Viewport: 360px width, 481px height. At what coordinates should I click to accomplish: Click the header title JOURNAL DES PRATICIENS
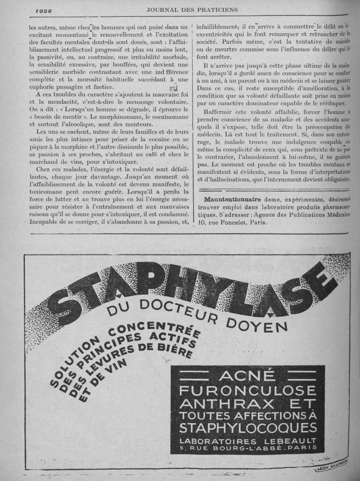(x=192, y=9)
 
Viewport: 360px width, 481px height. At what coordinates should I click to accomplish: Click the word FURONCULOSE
(x=247, y=390)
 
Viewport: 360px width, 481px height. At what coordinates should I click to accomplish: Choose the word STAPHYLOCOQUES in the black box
(x=247, y=427)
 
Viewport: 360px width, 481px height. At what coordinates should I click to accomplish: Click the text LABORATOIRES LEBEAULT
(x=247, y=440)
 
